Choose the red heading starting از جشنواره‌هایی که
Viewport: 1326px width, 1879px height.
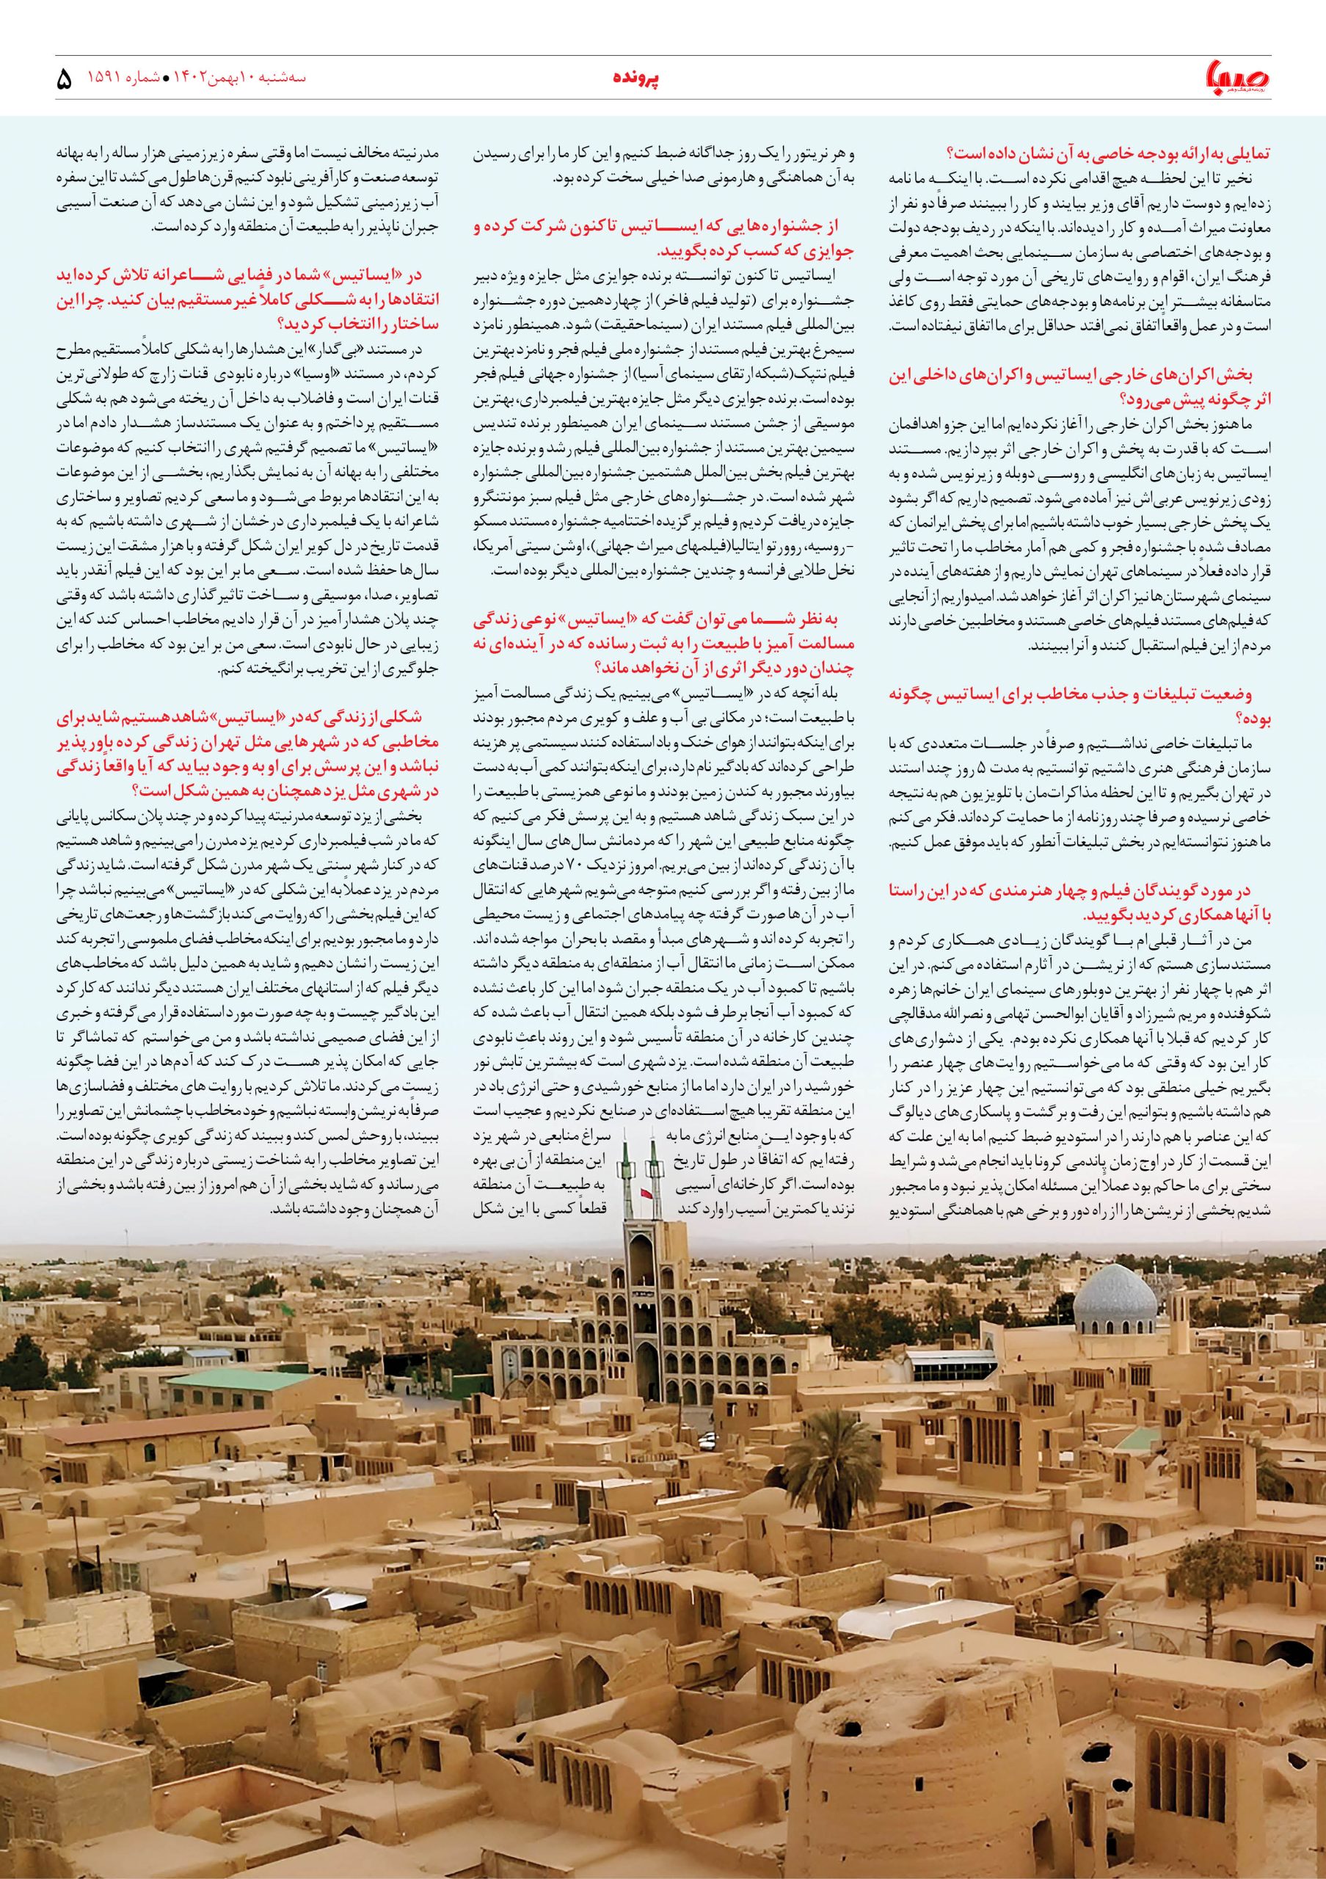(662, 241)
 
